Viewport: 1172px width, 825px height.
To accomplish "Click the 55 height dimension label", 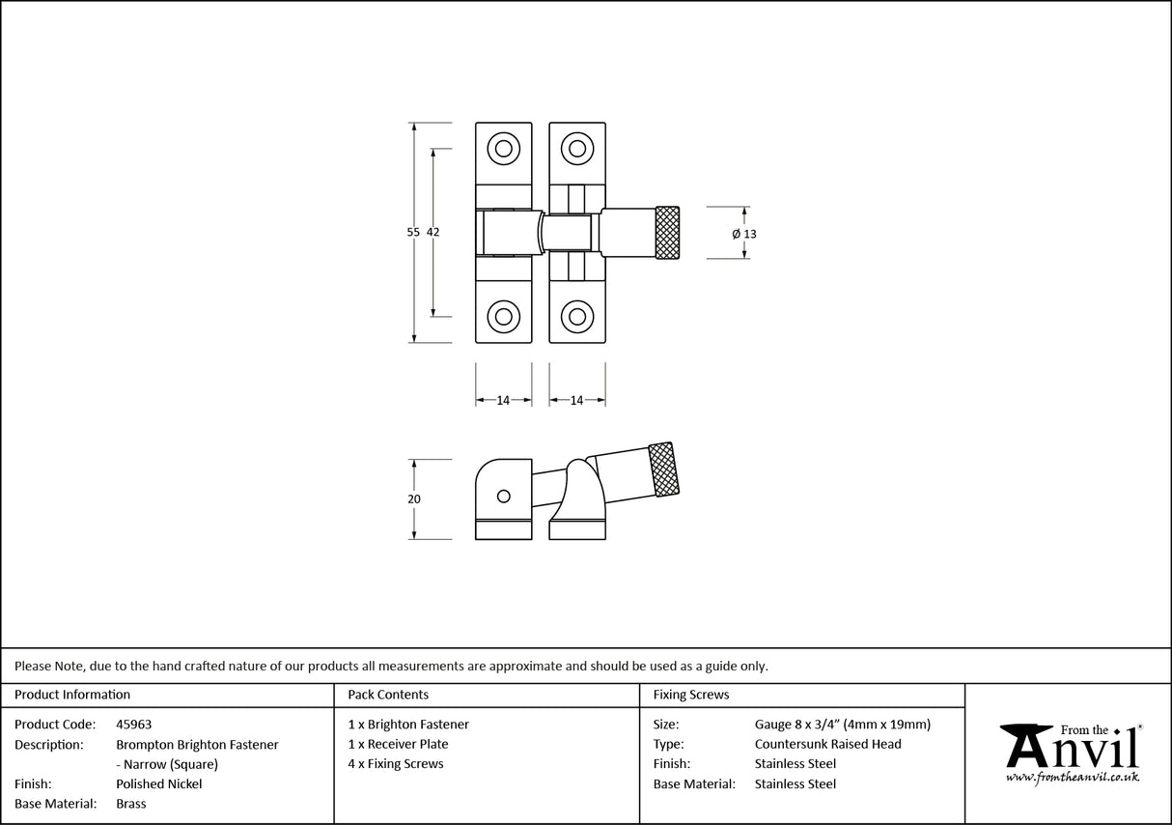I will coord(413,232).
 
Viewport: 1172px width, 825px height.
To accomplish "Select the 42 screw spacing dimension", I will coord(433,232).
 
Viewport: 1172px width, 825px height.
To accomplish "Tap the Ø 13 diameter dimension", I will coord(744,234).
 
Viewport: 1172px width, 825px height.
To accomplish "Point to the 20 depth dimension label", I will coord(413,499).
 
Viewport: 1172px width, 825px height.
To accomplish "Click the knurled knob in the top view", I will coord(667,233).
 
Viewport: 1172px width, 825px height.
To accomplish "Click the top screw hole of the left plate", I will coord(503,149).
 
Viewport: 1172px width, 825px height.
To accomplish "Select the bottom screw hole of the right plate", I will coord(577,315).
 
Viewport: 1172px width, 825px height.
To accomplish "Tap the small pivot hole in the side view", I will coord(502,496).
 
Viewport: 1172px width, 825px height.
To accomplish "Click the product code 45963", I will coord(133,725).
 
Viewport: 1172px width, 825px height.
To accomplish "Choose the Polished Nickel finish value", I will coord(158,784).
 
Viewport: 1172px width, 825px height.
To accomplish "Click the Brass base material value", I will coord(130,804).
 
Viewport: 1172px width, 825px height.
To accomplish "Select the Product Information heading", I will coord(71,695).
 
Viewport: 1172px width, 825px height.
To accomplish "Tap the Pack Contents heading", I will coord(388,695).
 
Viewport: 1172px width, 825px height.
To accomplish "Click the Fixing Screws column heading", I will coord(691,695).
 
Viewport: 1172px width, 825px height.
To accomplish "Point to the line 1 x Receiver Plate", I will coord(398,744).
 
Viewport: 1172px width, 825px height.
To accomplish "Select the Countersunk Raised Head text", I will coord(827,744).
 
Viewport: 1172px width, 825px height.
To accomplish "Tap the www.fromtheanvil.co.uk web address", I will coord(1072,777).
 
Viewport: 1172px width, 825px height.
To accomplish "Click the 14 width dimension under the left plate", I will coord(503,400).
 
